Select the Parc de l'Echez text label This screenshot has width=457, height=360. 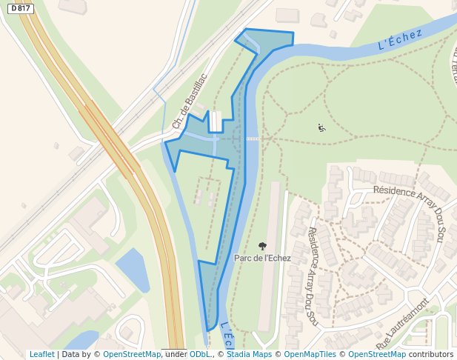(262, 259)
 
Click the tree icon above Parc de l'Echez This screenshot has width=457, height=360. (262, 245)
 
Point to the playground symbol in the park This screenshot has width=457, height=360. (321, 127)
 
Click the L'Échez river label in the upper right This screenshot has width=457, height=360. (399, 39)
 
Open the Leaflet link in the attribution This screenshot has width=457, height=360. (41, 355)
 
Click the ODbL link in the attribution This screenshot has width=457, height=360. (199, 355)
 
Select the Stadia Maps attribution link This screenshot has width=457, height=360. (249, 355)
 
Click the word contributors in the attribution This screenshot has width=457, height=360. (432, 355)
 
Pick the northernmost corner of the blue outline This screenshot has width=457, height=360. (245, 29)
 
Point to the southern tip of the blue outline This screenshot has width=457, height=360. (207, 330)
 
